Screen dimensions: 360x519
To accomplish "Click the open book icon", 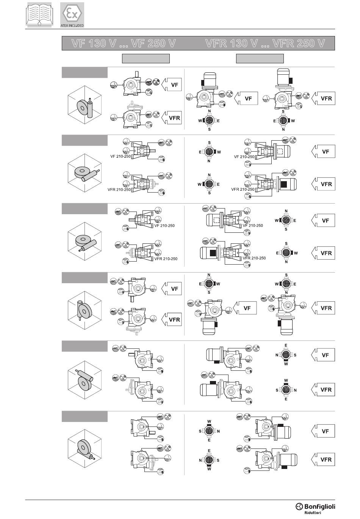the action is point(39,14).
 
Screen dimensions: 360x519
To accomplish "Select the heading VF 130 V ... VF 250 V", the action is point(124,43).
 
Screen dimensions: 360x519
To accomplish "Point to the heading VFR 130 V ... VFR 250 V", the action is point(265,43).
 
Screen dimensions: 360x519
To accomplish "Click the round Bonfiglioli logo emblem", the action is point(299,506).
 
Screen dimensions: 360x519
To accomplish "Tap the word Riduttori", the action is point(313,513).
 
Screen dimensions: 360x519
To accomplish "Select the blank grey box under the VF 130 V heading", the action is point(146,58).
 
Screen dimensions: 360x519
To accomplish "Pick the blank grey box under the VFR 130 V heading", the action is point(260,58).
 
